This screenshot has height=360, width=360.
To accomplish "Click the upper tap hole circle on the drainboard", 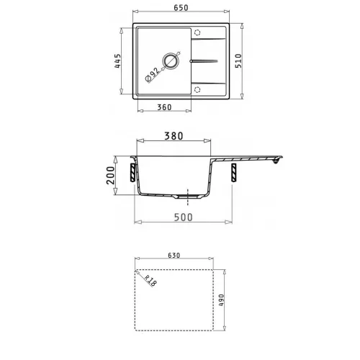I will [x=197, y=32].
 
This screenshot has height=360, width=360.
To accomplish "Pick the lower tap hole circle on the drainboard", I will [x=197, y=90].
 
